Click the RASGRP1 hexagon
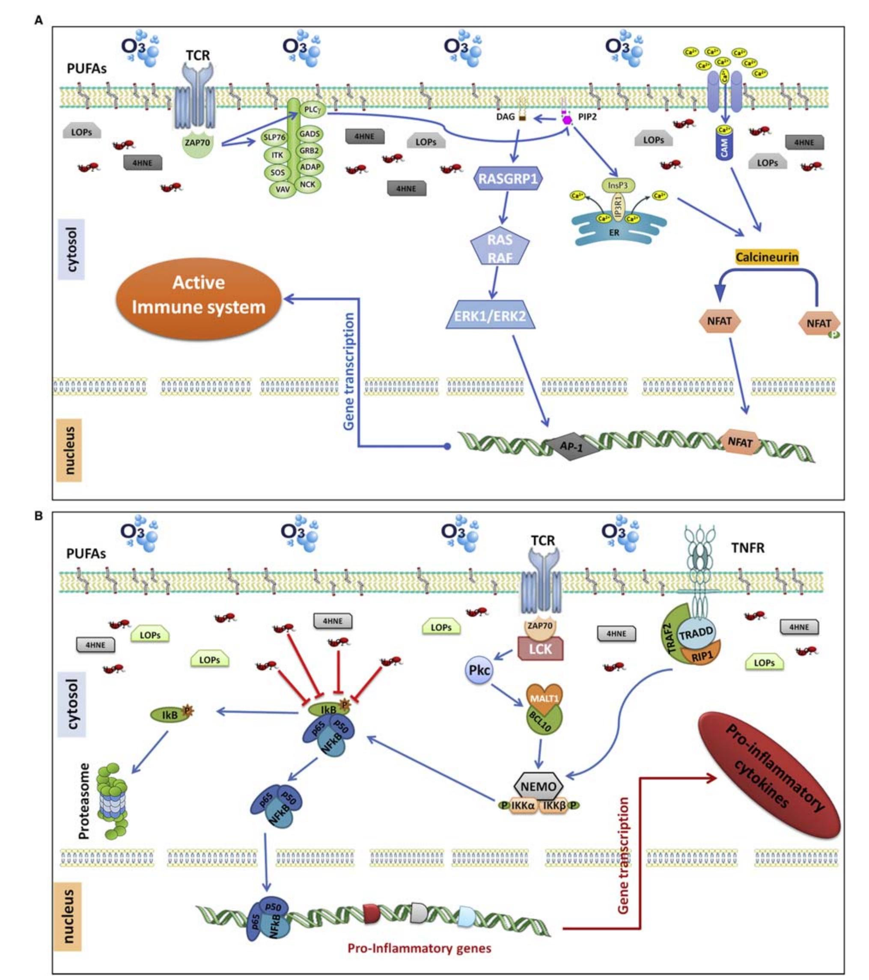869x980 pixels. click(x=508, y=179)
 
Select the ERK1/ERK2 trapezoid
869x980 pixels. click(x=490, y=316)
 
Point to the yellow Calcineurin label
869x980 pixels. click(x=767, y=257)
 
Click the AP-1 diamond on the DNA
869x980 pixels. click(x=571, y=447)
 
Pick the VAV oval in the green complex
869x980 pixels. click(x=282, y=189)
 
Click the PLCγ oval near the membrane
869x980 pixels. click(x=312, y=110)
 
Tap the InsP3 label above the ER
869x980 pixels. click(x=621, y=185)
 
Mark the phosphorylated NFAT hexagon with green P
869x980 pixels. click(x=818, y=324)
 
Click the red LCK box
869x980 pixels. click(x=540, y=649)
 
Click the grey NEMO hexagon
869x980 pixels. click(x=538, y=787)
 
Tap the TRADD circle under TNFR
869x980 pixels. click(x=696, y=634)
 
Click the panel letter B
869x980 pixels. click(x=39, y=516)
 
